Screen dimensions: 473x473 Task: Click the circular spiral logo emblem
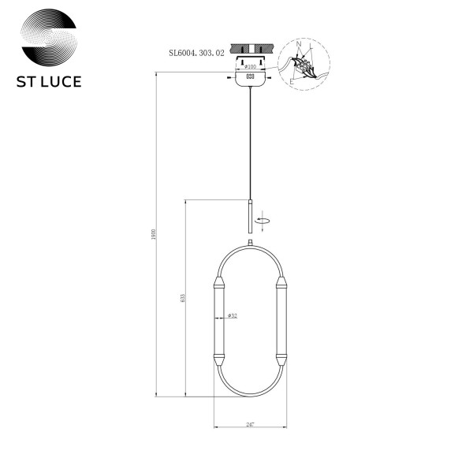click(49, 41)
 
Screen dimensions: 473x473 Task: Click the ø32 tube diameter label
click(233, 316)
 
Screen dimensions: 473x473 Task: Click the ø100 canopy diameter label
click(251, 68)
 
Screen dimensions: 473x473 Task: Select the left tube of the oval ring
click(218, 319)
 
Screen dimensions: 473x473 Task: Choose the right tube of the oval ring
click(281, 319)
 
